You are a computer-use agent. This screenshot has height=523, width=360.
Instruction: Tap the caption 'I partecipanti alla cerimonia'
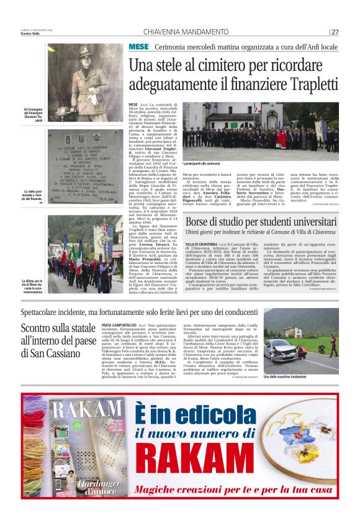[201, 163]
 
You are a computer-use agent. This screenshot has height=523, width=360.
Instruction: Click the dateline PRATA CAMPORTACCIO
[120, 325]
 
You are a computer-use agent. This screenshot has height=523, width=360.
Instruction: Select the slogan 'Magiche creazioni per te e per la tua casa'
[236, 489]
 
